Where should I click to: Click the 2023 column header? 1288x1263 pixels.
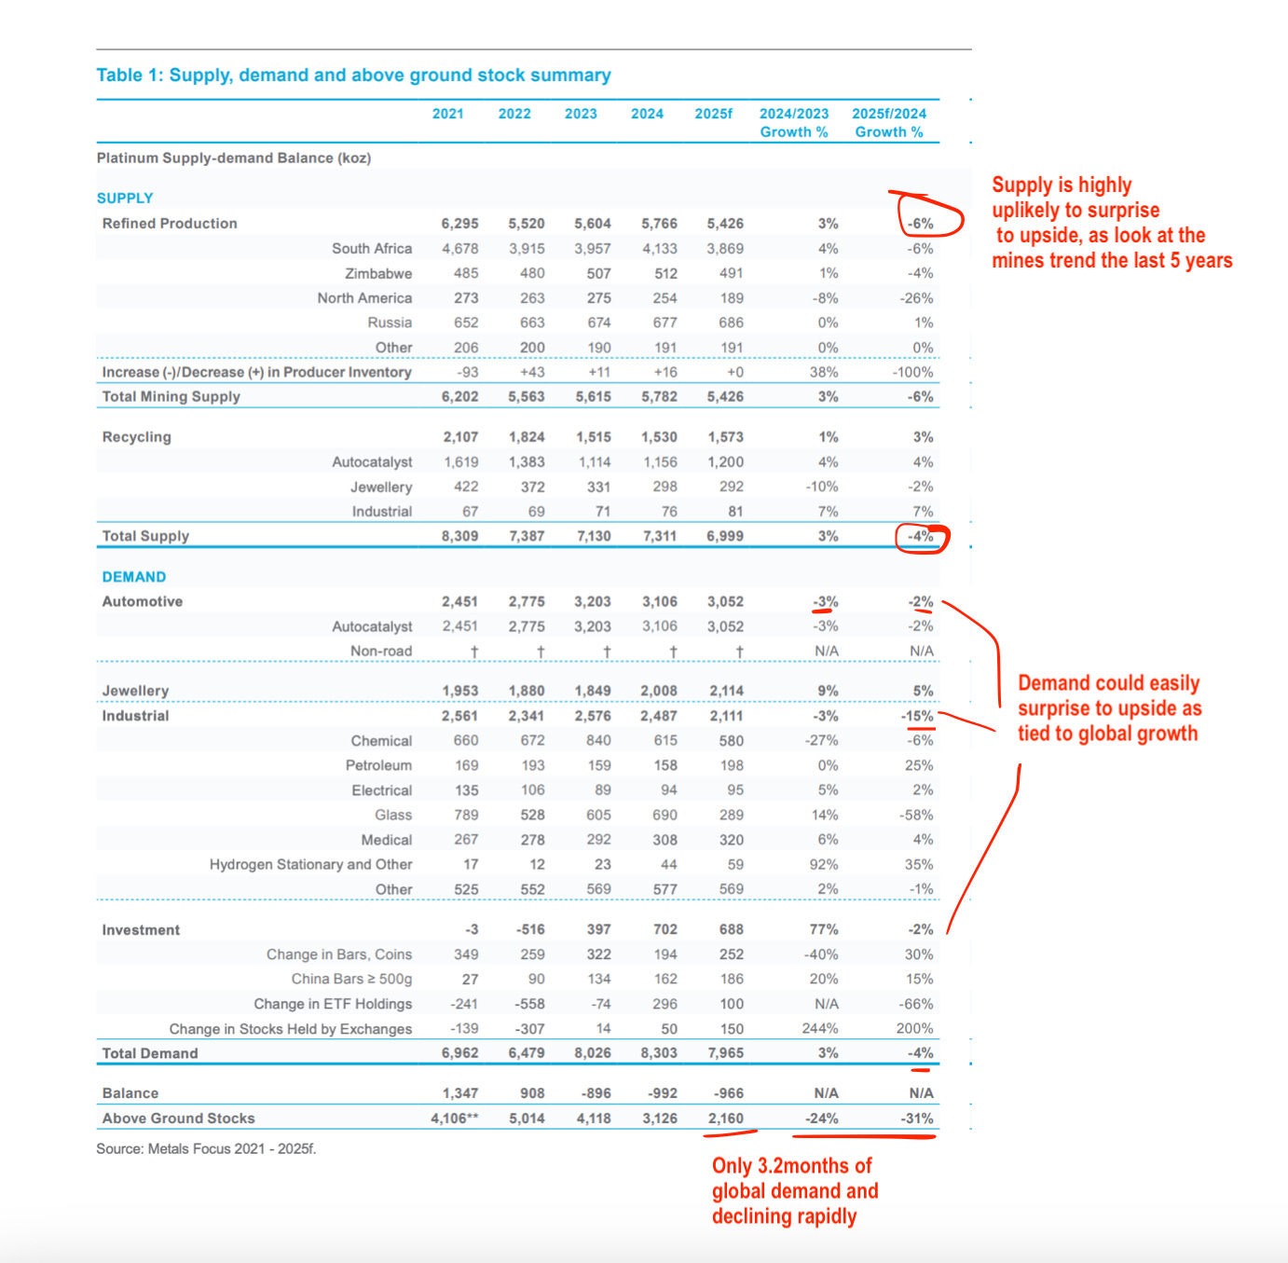point(581,114)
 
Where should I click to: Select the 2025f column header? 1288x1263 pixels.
point(713,114)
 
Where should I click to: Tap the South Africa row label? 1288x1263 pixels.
point(372,249)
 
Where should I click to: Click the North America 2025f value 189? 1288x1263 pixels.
point(732,298)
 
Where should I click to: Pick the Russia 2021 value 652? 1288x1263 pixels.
point(466,323)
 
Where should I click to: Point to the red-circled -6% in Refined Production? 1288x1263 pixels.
point(920,224)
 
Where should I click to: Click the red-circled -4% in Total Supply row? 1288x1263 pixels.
point(921,537)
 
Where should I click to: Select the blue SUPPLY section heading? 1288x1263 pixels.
point(125,199)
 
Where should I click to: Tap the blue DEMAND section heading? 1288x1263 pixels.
point(134,577)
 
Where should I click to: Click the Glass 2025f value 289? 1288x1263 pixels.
point(732,815)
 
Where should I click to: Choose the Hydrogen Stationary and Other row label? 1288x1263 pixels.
point(310,865)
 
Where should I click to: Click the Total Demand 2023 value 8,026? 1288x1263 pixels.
point(593,1053)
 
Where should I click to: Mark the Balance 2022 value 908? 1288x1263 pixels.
point(532,1093)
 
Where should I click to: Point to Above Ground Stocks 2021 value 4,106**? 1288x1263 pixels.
point(455,1119)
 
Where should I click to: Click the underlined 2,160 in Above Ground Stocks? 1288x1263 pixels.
point(725,1119)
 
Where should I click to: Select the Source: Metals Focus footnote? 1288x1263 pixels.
point(206,1149)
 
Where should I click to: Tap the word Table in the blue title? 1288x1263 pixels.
point(119,76)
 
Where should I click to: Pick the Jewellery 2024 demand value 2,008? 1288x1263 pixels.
point(659,691)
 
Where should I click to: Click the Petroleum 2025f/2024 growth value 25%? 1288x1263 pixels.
point(919,765)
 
